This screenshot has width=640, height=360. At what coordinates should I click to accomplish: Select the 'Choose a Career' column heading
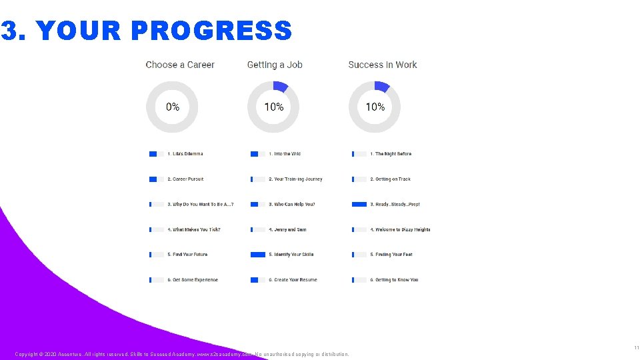point(180,65)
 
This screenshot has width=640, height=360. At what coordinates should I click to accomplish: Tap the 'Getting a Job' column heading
point(275,65)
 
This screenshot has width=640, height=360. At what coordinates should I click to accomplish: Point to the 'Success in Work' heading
point(383,65)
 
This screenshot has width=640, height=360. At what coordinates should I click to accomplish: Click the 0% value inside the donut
point(172,107)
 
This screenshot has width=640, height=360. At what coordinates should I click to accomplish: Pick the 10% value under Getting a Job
point(273,107)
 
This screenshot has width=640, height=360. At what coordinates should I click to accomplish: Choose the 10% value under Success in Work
point(375,107)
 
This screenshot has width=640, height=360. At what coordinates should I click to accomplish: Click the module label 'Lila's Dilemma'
point(185,154)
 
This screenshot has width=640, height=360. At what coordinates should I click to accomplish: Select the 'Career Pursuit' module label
point(185,179)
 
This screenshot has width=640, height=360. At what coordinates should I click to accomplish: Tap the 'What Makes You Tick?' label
point(194,229)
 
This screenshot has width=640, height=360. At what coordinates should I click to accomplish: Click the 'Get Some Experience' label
point(193,280)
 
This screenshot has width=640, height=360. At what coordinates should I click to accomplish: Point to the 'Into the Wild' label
point(285,154)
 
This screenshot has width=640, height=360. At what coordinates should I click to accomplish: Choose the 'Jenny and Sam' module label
point(287,229)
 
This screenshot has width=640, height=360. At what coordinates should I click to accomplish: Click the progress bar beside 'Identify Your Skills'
point(258,255)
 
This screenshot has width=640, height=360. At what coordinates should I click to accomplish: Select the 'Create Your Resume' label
point(293,280)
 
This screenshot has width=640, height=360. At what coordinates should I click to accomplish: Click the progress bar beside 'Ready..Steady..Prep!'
point(359,204)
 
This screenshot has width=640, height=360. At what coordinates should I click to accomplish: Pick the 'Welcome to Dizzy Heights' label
point(400,229)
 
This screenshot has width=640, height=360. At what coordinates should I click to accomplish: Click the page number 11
point(636,348)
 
